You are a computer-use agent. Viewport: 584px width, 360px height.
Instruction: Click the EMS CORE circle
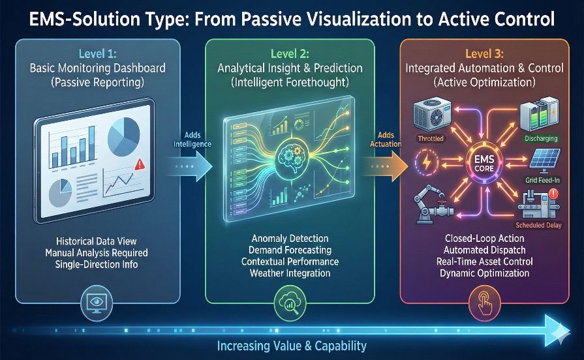pos(484,164)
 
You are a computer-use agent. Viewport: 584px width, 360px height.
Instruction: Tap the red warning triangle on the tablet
pos(140,164)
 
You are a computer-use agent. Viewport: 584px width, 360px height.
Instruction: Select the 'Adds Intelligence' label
pos(192,140)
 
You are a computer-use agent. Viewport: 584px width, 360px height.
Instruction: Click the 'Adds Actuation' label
pos(386,140)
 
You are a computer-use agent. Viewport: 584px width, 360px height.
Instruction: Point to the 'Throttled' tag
pos(431,138)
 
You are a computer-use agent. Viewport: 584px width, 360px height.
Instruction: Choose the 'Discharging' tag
pos(541,138)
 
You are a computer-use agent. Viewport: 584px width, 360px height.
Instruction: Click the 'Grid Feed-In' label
pos(542,180)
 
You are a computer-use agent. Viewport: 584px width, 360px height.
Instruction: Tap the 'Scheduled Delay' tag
pos(538,225)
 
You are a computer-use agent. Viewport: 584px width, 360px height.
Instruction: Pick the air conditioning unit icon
pos(432,114)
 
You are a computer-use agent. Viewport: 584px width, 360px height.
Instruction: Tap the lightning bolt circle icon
pos(427,162)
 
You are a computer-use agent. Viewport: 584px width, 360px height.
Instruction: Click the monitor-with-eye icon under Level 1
pos(96,301)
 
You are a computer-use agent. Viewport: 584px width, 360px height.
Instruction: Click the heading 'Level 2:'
pos(290,53)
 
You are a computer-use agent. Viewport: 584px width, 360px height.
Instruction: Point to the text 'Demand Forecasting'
pos(290,250)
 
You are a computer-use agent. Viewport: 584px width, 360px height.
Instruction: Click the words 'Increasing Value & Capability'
pos(292,346)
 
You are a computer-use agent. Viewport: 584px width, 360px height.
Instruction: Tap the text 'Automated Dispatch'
pos(485,250)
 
